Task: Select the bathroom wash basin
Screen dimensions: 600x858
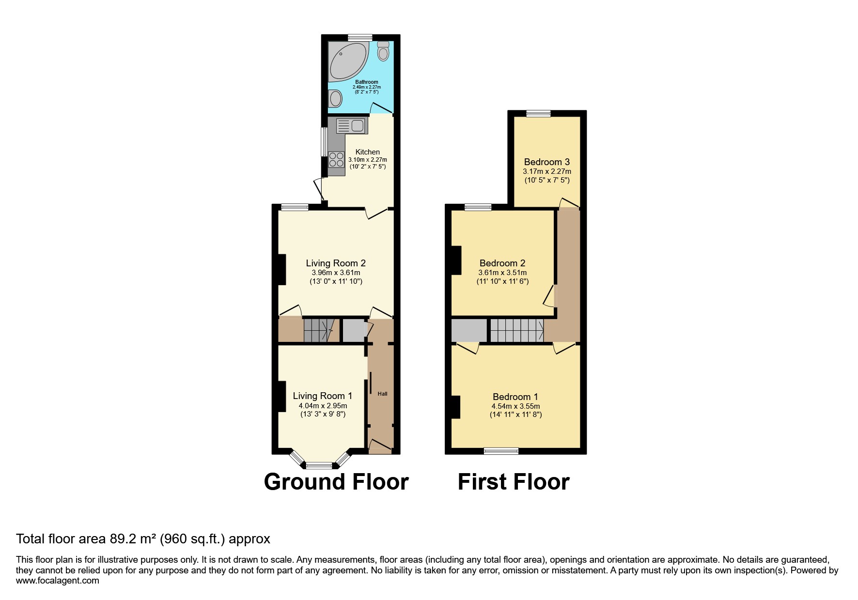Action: click(335, 99)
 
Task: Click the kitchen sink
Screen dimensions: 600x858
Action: click(352, 126)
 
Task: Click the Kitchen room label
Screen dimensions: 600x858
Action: click(367, 152)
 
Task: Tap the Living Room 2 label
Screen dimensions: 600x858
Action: click(336, 263)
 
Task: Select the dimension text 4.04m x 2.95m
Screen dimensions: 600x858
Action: click(323, 406)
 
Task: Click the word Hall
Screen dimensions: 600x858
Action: click(382, 394)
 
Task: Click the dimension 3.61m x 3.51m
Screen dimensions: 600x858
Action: click(502, 273)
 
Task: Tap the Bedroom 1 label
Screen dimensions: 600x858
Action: click(515, 397)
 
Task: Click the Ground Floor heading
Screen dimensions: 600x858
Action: click(336, 482)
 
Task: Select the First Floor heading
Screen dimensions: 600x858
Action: click(514, 482)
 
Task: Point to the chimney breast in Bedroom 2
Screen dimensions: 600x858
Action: click(456, 261)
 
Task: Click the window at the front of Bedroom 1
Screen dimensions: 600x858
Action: click(501, 451)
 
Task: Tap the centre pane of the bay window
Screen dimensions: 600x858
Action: click(319, 466)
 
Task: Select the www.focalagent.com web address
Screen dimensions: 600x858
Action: click(58, 581)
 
